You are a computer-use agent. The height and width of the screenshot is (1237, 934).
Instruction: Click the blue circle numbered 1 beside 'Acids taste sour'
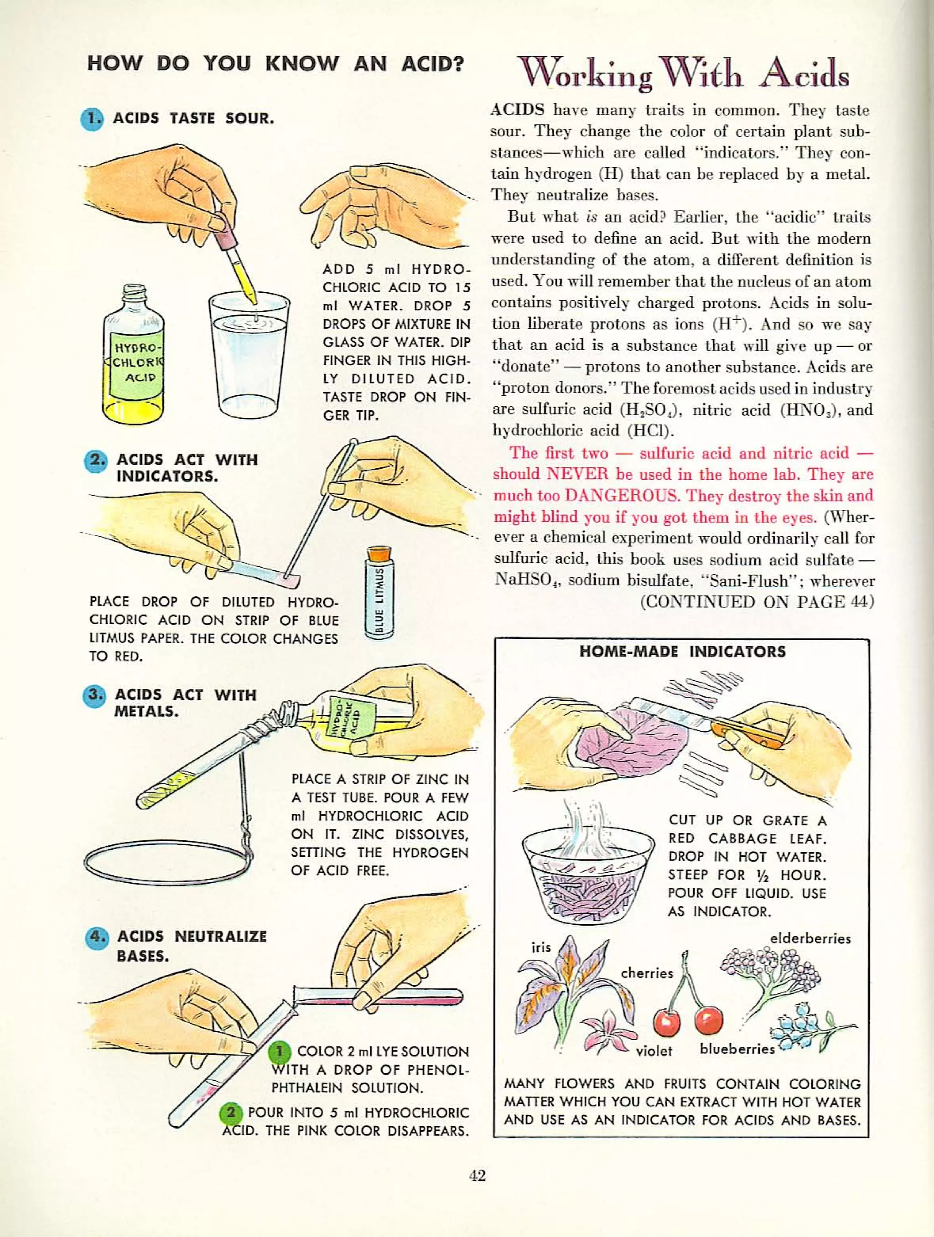pyautogui.click(x=92, y=119)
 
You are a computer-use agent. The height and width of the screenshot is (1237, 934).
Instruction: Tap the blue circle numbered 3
pyautogui.click(x=94, y=695)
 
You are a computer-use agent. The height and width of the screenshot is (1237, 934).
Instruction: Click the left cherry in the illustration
pyautogui.click(x=667, y=1021)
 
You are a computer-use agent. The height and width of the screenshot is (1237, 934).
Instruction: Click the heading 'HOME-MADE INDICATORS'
pyautogui.click(x=682, y=652)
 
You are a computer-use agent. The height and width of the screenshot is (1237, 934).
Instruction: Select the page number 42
pyautogui.click(x=477, y=1175)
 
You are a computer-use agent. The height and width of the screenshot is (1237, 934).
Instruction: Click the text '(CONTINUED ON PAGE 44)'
pyautogui.click(x=756, y=602)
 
